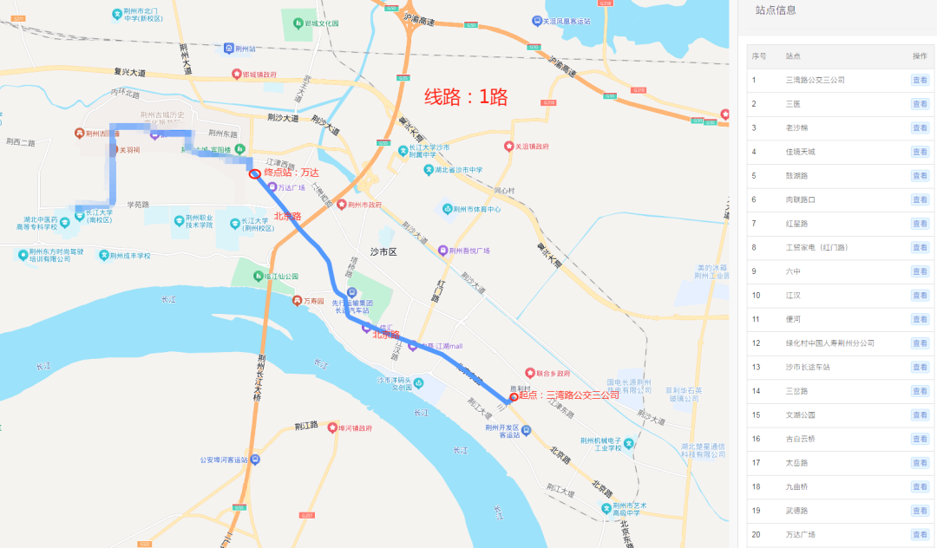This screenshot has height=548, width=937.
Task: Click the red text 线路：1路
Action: coord(465,96)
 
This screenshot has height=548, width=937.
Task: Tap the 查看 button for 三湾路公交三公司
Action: coord(920,80)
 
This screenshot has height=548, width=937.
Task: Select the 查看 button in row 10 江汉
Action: coord(920,295)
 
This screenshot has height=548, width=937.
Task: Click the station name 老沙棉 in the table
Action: coord(796,127)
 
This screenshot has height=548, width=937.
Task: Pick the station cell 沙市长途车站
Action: coord(806,367)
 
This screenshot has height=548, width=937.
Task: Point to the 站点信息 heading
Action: coord(776,10)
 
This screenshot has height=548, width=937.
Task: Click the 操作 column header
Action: coord(920,56)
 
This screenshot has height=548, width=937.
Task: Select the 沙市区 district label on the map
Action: coord(383,251)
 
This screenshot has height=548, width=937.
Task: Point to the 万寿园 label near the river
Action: coord(313,301)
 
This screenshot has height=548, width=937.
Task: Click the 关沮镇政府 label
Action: coord(532,147)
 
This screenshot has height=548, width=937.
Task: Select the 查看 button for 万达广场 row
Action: coord(920,534)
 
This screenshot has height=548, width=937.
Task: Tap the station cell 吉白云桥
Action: coord(800,439)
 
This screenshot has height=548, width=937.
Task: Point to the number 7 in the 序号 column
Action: coord(754,224)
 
